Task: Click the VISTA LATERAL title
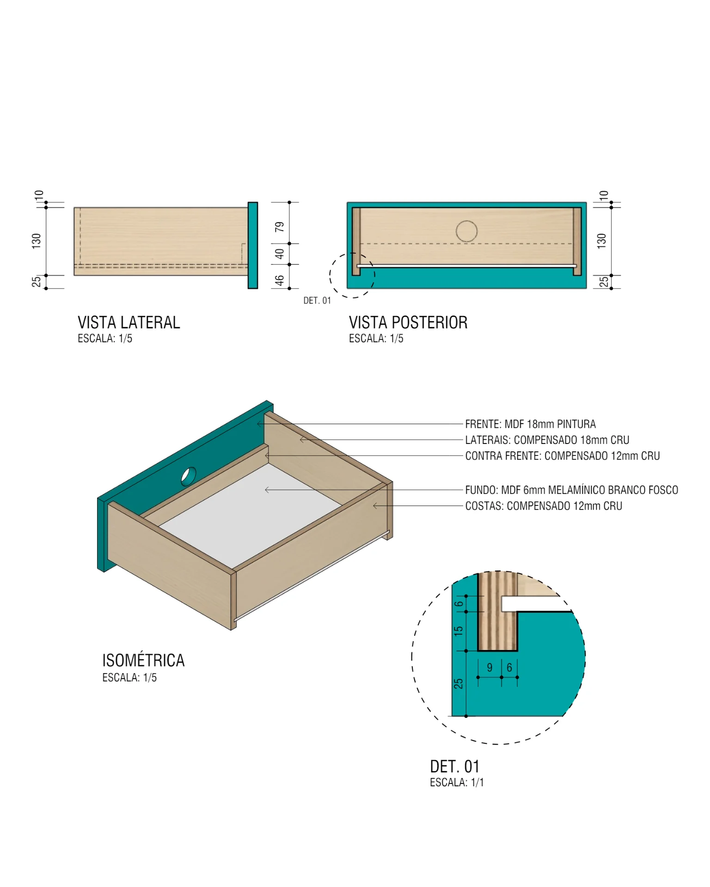129,322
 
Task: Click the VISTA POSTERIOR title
408,322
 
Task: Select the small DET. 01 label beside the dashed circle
317,301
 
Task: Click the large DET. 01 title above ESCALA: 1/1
454,766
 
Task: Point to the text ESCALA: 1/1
457,783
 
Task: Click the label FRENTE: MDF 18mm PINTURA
530,424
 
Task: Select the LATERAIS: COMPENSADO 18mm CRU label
547,440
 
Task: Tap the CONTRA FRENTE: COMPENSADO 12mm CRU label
562,456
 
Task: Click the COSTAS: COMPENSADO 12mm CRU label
544,506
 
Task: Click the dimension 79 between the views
280,227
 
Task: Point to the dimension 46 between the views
280,280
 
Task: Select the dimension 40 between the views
280,254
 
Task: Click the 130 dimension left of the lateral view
37,241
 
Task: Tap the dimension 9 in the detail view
490,668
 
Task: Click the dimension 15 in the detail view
458,631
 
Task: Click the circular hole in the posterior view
466,231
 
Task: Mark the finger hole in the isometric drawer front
188,476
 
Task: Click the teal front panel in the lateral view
252,245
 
